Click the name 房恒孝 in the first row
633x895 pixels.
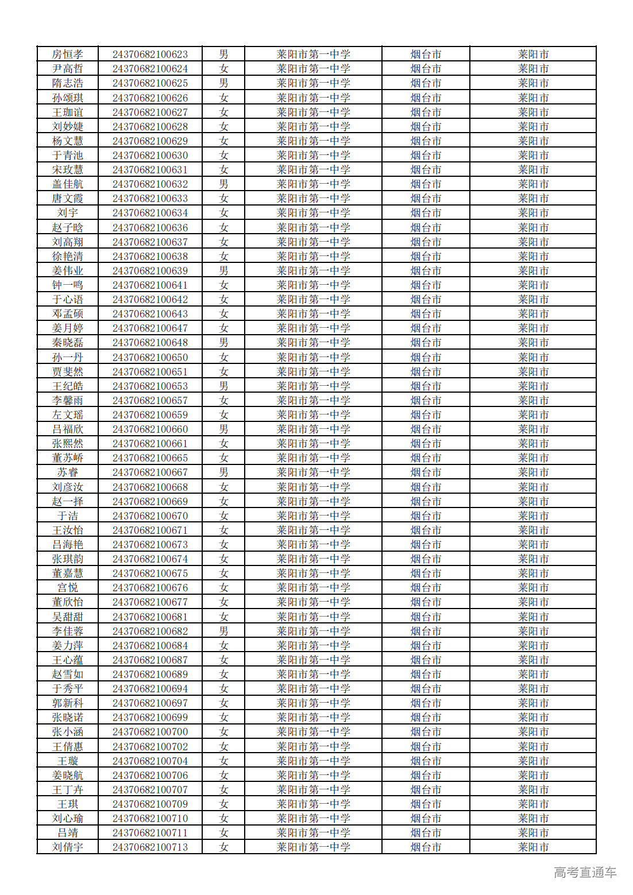[68, 55]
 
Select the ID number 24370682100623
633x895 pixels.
[150, 55]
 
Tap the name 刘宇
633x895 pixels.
[68, 213]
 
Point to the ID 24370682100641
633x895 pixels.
[150, 285]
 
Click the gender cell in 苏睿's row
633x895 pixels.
[223, 472]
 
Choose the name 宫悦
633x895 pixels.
[68, 588]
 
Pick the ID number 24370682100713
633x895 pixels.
[150, 847]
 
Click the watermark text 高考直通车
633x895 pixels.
[585, 873]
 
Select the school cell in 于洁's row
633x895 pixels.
[313, 516]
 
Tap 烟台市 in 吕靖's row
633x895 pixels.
[426, 833]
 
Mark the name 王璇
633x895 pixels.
[68, 761]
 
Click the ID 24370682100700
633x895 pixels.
[150, 732]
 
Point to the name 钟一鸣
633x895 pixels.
[68, 285]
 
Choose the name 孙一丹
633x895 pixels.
[68, 357]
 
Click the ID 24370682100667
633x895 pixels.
[150, 472]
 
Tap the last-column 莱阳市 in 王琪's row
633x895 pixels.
[533, 804]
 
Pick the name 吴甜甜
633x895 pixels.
[68, 617]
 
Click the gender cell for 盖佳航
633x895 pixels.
[223, 184]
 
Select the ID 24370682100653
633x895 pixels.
[150, 386]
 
